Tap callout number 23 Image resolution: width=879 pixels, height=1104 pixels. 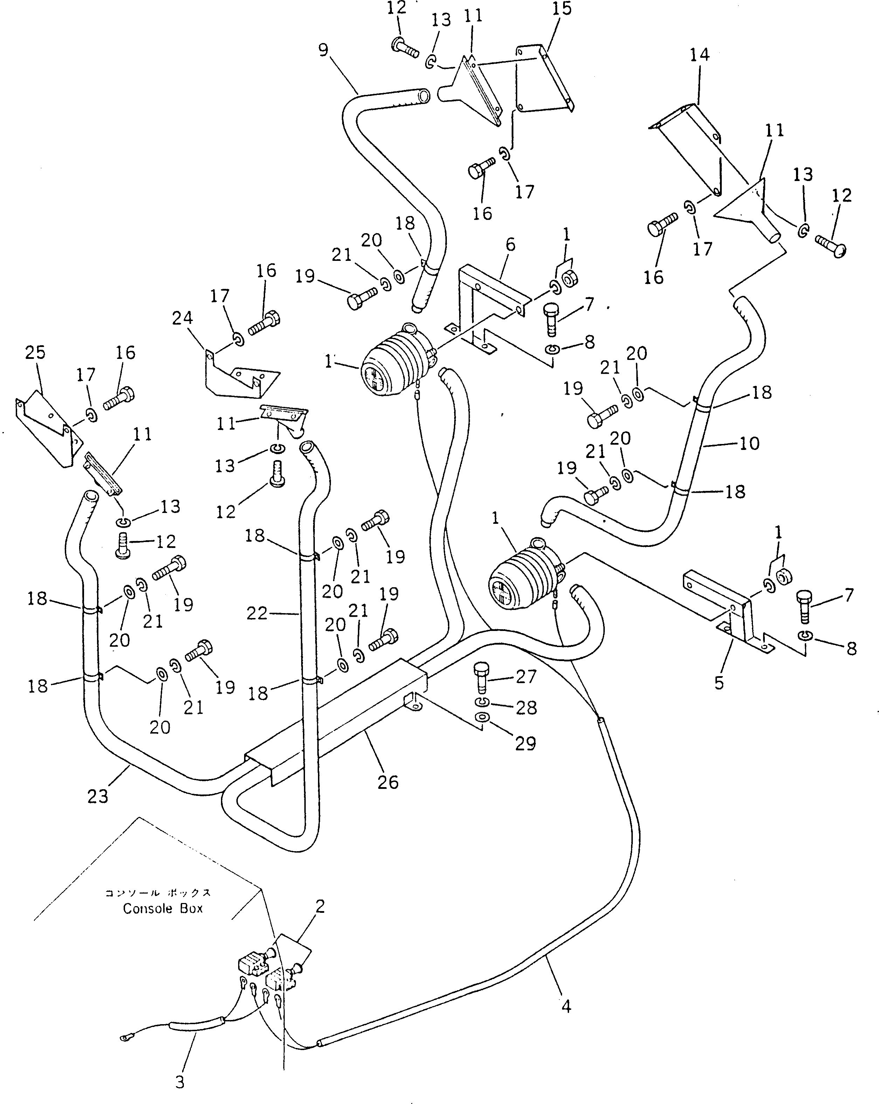[x=97, y=796]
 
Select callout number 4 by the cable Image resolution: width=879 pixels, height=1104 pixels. [x=566, y=1006]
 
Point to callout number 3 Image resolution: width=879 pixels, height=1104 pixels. [x=179, y=1082]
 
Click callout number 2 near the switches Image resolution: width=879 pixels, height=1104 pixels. [x=320, y=907]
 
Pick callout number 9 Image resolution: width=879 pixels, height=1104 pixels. [x=323, y=50]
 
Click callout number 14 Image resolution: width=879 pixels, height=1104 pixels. [x=699, y=55]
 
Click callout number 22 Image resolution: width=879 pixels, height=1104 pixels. [x=257, y=613]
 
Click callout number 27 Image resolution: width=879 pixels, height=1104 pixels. [x=526, y=676]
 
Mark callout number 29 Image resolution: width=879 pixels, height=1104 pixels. [x=525, y=743]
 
